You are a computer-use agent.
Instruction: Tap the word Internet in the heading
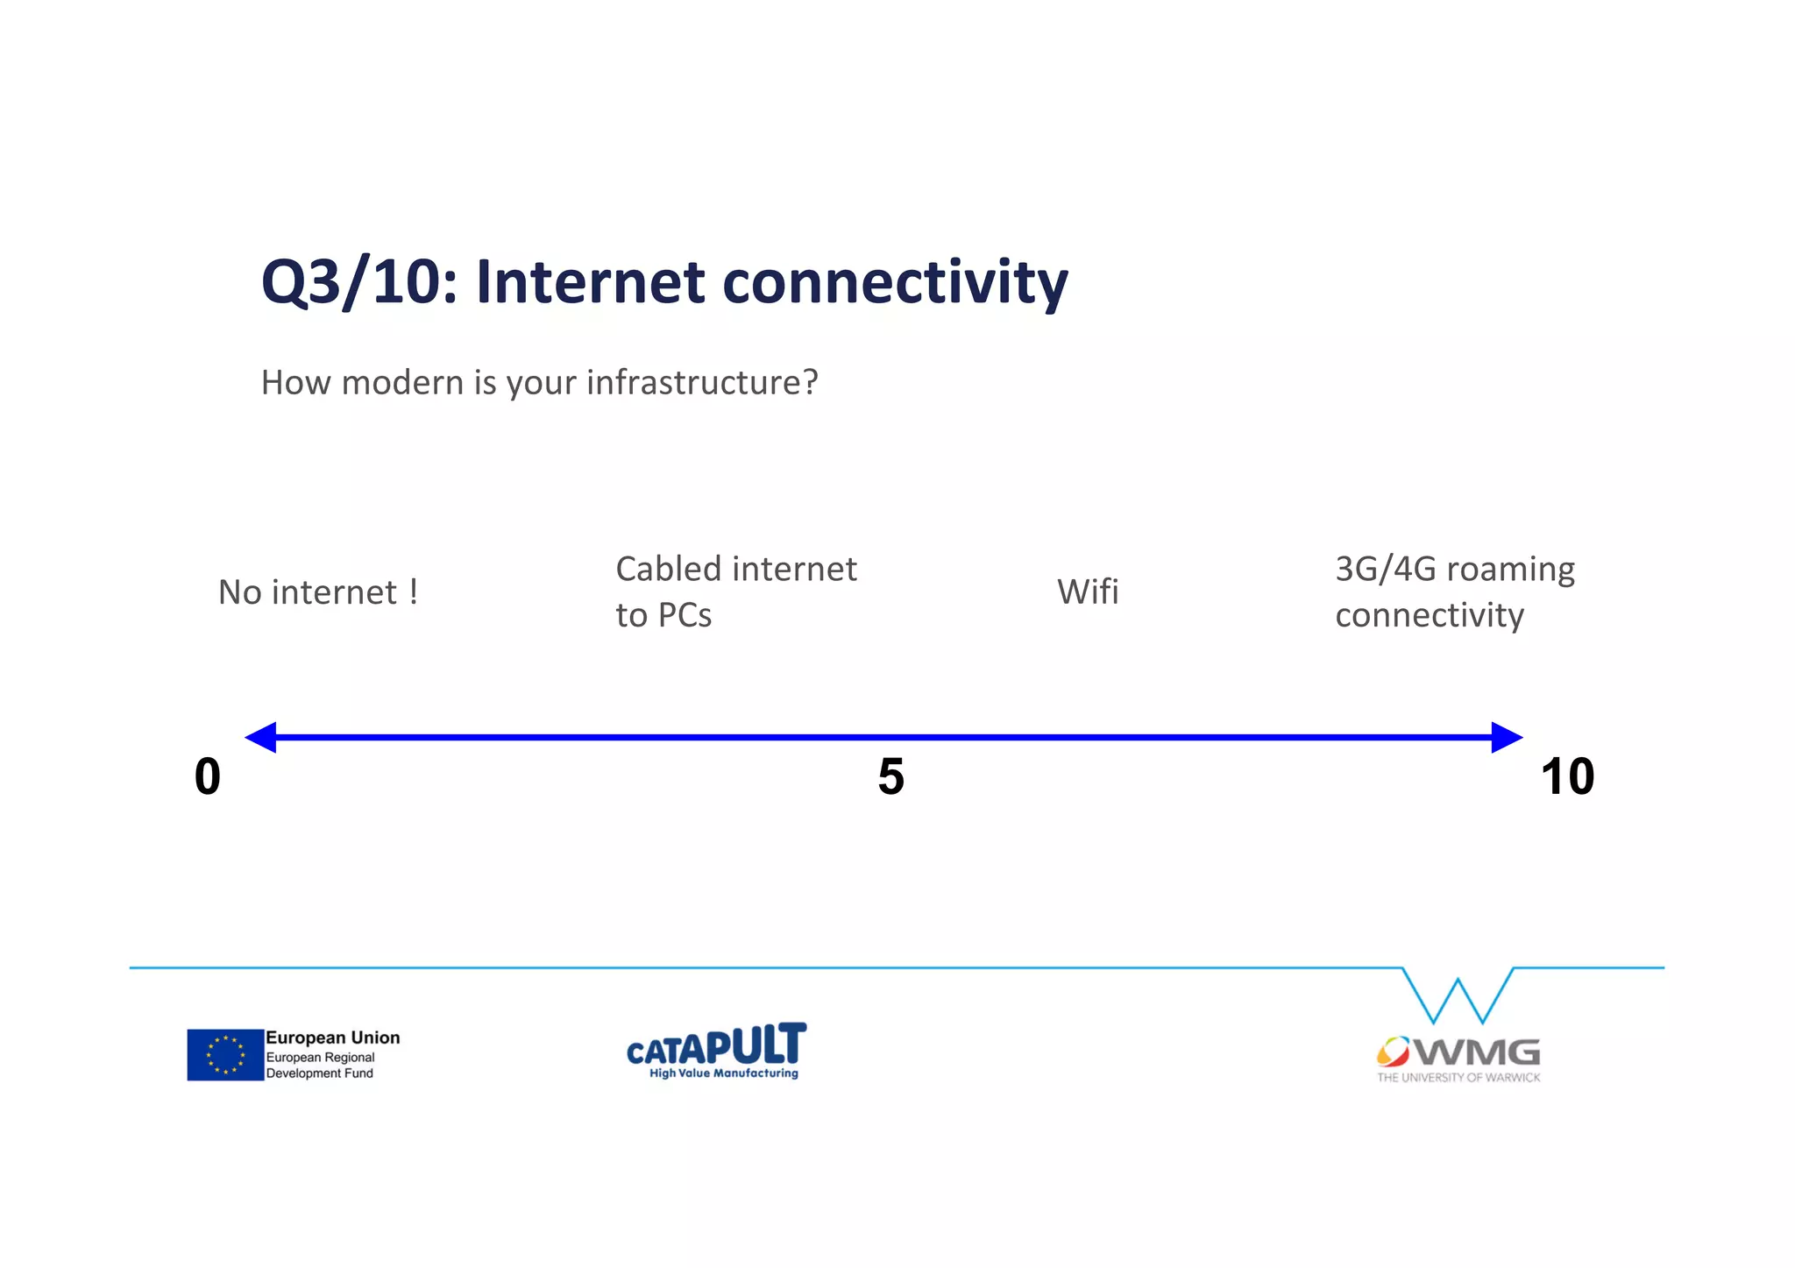[590, 283]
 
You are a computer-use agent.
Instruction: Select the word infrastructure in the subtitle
[701, 383]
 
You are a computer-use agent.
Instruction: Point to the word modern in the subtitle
[402, 383]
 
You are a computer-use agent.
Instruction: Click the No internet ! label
[318, 592]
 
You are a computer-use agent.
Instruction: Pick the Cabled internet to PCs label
[734, 591]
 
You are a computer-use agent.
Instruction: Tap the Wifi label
[1088, 592]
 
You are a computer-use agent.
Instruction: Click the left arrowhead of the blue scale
[261, 738]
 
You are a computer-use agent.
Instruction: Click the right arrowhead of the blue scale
[1506, 738]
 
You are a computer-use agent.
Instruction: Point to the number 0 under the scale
[208, 776]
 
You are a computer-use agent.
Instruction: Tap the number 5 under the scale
[890, 776]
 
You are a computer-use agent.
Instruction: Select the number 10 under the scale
[1567, 776]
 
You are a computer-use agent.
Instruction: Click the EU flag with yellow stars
[225, 1054]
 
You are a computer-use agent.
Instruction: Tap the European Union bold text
[333, 1038]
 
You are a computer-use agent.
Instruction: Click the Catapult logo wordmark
[716, 1047]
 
